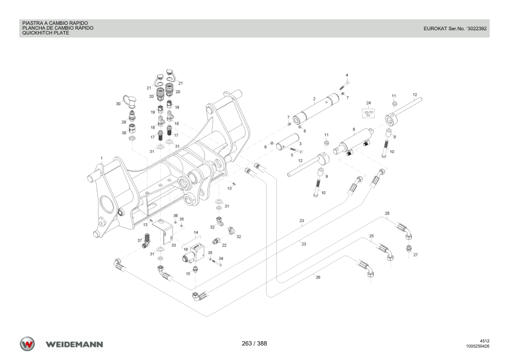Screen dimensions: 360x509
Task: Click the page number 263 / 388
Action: click(x=254, y=344)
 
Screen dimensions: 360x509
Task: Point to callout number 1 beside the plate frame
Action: click(x=102, y=158)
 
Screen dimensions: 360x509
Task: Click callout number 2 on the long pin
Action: click(x=314, y=98)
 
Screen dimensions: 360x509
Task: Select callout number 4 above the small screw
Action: click(x=347, y=75)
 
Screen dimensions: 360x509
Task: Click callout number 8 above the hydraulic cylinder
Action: click(x=354, y=129)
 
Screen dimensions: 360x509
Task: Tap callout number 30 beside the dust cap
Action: click(x=118, y=104)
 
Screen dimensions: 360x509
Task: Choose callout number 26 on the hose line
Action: click(x=318, y=277)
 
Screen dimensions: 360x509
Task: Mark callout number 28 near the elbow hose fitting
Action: click(x=387, y=213)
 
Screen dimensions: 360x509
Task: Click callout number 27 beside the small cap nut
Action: click(x=416, y=255)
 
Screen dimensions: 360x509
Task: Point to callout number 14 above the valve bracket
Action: click(x=196, y=232)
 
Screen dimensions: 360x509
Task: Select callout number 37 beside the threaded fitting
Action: click(x=139, y=240)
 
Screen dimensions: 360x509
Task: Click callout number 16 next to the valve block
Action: click(x=186, y=249)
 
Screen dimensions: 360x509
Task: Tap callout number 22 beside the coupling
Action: click(x=224, y=245)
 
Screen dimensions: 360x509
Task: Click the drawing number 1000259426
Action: click(x=478, y=347)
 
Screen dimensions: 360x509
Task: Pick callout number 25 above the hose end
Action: click(x=372, y=235)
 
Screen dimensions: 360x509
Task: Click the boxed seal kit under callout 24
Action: click(x=368, y=113)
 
